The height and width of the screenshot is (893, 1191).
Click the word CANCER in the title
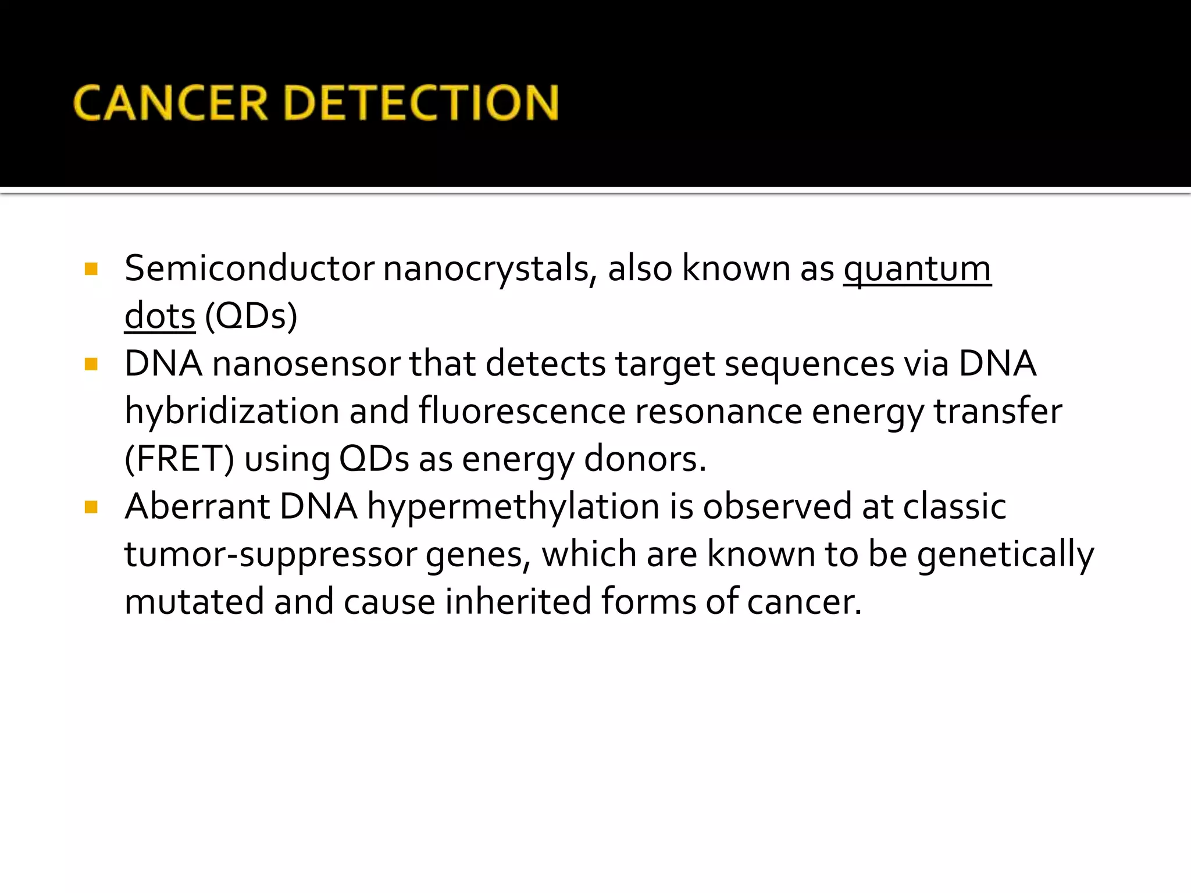pyautogui.click(x=170, y=103)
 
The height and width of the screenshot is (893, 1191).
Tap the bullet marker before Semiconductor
pyautogui.click(x=91, y=269)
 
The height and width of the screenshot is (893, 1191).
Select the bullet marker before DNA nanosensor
pyautogui.click(x=91, y=365)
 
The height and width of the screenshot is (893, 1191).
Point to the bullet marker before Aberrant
pyautogui.click(x=91, y=508)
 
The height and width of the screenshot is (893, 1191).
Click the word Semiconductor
pyautogui.click(x=249, y=269)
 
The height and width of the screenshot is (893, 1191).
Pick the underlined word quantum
pyautogui.click(x=917, y=270)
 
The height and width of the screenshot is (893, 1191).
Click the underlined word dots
pyautogui.click(x=160, y=317)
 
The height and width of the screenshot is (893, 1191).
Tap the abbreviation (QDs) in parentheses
pyautogui.click(x=251, y=317)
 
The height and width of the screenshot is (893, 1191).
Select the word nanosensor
pyautogui.click(x=306, y=365)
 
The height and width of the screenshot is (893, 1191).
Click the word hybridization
pyautogui.click(x=231, y=412)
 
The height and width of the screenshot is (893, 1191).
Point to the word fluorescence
pyautogui.click(x=522, y=412)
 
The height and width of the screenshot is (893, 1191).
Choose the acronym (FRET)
pyautogui.click(x=179, y=460)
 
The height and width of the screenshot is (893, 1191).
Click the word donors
pyautogui.click(x=644, y=459)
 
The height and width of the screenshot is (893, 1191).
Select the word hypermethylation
pyautogui.click(x=513, y=508)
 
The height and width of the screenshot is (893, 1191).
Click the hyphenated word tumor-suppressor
pyautogui.click(x=270, y=555)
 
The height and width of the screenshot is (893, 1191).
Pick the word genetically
pyautogui.click(x=1005, y=555)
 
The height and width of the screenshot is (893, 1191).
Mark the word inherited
pyautogui.click(x=518, y=602)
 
